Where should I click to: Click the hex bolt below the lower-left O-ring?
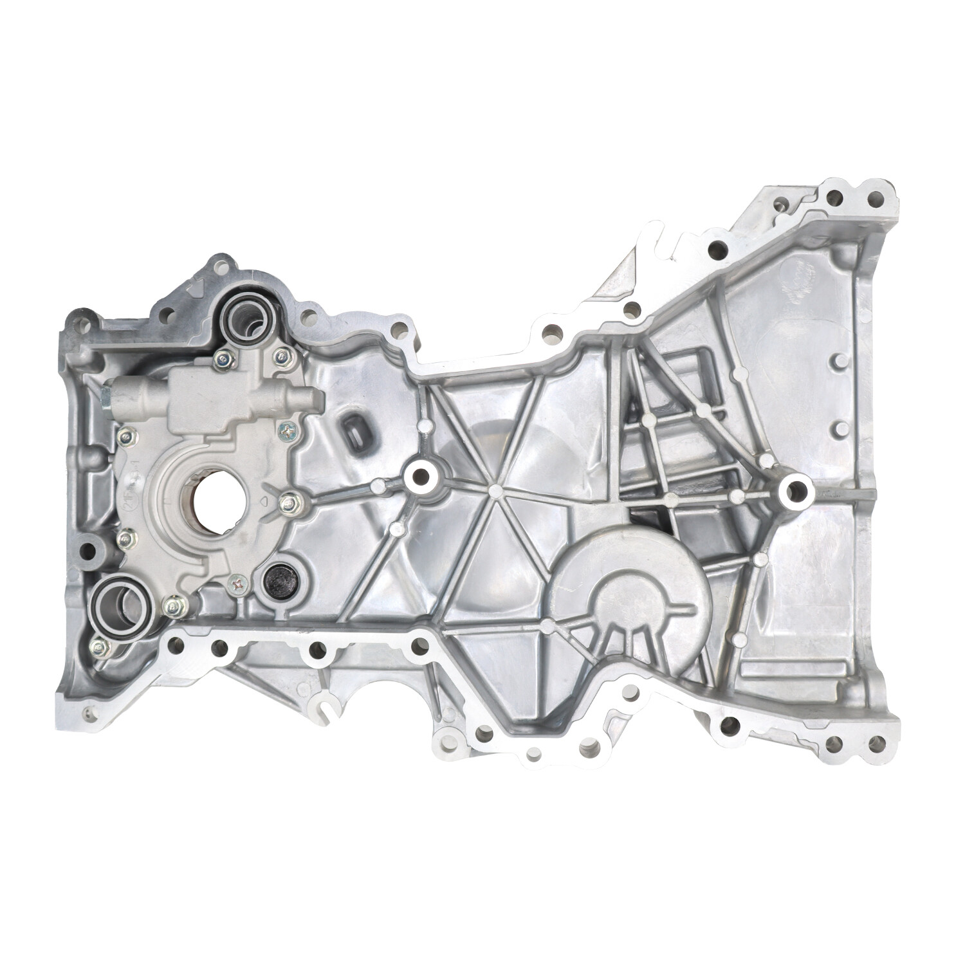[99, 646]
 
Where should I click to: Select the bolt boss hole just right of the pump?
[421, 475]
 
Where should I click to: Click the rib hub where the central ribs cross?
[494, 491]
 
